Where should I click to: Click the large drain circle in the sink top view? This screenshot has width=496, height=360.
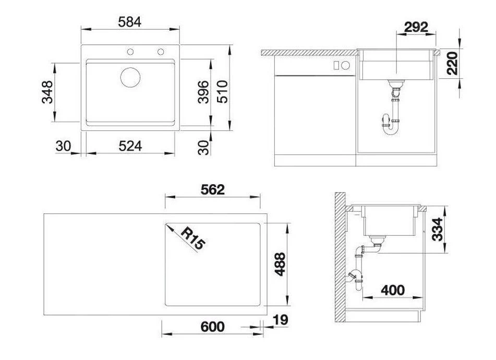pyautogui.click(x=130, y=77)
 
